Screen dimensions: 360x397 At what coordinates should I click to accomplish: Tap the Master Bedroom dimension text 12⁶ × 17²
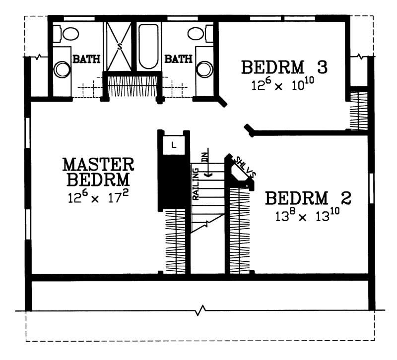[x=98, y=197]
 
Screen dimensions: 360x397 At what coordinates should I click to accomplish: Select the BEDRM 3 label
[x=279, y=66]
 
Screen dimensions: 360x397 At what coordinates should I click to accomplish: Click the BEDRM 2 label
[x=308, y=199]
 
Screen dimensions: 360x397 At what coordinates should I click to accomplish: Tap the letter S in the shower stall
[x=119, y=46]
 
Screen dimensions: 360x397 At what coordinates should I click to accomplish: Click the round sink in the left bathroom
[x=63, y=69]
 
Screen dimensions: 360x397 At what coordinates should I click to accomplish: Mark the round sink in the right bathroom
[x=204, y=69]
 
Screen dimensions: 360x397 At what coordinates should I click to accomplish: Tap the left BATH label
[x=87, y=60]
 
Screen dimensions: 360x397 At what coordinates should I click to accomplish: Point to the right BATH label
[x=178, y=60]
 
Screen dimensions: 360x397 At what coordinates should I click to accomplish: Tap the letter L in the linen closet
[x=173, y=145]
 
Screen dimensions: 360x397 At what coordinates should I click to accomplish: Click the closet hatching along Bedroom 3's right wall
[x=358, y=110]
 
